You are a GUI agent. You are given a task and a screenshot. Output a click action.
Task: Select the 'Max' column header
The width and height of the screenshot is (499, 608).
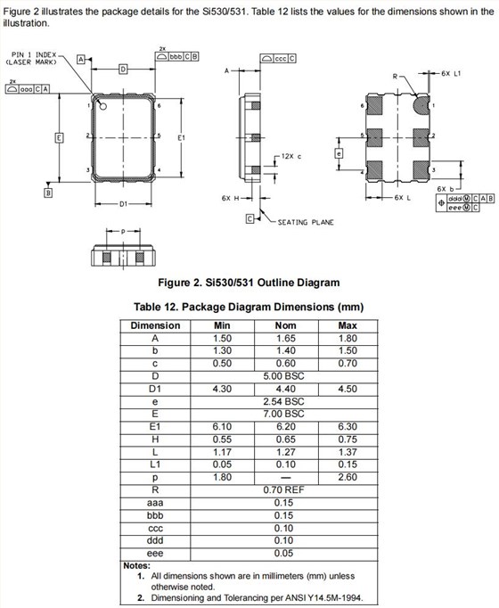coord(348,325)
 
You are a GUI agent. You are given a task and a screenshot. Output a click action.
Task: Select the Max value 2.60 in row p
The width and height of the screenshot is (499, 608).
coord(348,477)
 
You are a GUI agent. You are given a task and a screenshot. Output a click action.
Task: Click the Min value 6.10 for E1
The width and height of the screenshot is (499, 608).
coord(222,427)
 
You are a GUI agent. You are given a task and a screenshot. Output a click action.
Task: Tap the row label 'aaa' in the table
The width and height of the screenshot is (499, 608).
coord(155,502)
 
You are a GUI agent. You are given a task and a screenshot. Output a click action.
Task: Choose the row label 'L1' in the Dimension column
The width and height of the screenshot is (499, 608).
coord(155,464)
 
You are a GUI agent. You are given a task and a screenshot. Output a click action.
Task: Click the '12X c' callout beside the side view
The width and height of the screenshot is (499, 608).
coord(290,155)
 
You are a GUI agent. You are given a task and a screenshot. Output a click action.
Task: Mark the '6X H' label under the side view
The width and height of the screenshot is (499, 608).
coord(229,198)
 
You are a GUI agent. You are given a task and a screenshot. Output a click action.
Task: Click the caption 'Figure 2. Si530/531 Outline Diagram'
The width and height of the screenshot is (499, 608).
coord(248,283)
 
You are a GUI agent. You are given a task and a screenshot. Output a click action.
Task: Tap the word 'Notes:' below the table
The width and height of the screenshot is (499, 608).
coord(136,566)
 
